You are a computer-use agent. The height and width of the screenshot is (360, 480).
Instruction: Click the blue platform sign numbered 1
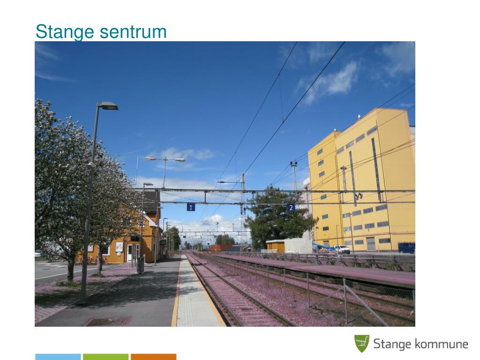pos(191,207)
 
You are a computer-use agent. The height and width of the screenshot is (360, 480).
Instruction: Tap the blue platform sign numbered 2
pos(291,207)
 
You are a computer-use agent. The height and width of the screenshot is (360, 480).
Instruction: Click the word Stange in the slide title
pos(65,32)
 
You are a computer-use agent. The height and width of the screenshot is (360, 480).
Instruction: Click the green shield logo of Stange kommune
pos(361,344)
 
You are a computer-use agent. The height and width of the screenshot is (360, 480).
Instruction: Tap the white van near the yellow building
pos(341,249)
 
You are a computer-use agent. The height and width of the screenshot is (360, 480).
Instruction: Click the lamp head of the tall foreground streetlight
pos(108,106)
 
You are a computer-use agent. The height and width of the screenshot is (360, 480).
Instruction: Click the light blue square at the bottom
pos(58,357)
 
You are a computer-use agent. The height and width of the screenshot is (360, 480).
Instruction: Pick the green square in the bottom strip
pos(106,357)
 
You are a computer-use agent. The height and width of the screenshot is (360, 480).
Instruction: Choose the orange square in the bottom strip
pos(154,357)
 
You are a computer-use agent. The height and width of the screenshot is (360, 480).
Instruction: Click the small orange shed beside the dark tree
pos(275,246)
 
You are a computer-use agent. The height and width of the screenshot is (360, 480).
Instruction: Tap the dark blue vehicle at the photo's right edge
pos(406,247)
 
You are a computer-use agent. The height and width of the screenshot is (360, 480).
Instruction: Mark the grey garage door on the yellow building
pos(371,244)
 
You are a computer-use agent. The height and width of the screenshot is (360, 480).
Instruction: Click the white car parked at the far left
pos(38,254)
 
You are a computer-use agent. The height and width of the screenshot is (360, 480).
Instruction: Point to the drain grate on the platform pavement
pos(107,321)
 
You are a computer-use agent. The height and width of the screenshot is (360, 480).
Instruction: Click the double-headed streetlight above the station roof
pos(165,159)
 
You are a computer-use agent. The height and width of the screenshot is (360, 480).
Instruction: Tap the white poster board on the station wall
pos(120,247)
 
